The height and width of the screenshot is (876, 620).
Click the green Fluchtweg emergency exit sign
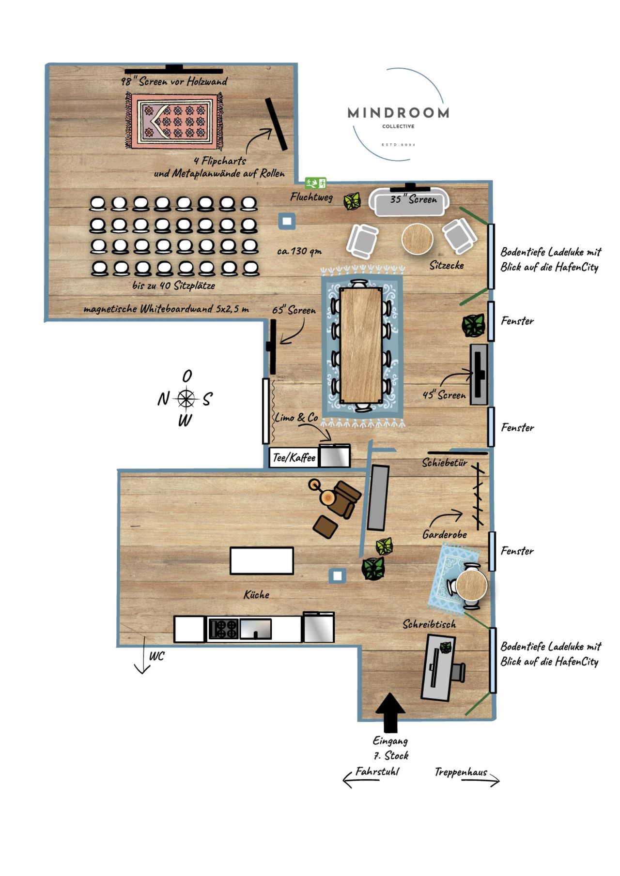tap(315, 183)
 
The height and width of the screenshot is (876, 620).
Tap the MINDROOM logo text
tap(398, 113)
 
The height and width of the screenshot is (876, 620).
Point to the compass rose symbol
tap(186, 398)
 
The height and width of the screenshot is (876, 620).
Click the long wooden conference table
tap(361, 345)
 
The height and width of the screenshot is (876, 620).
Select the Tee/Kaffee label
tap(294, 458)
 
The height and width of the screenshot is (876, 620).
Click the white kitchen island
tap(262, 560)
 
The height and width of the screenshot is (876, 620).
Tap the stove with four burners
tap(223, 629)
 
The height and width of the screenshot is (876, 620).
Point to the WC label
tap(156, 656)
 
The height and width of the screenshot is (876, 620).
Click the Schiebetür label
tap(444, 463)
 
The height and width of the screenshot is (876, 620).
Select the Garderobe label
tap(444, 534)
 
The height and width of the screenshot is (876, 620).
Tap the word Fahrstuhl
tap(377, 771)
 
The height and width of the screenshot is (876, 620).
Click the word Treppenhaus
tap(461, 772)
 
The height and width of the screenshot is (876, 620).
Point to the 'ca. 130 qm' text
tap(299, 251)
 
